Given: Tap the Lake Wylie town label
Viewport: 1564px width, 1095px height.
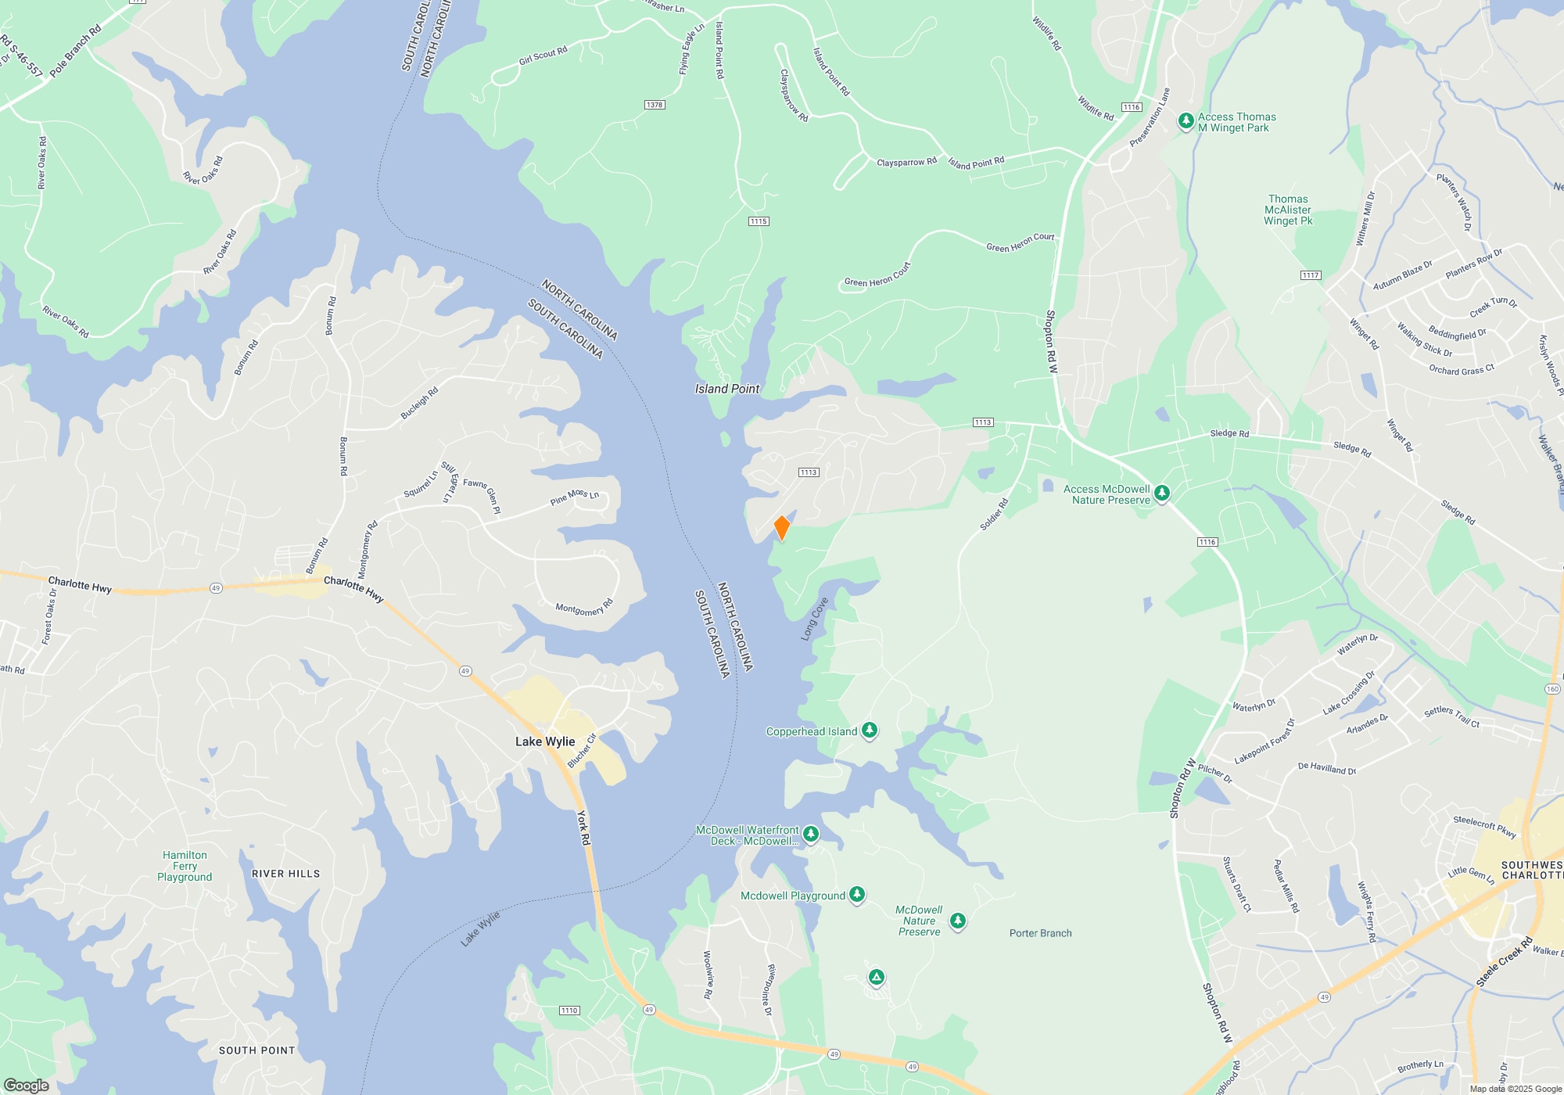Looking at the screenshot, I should (x=545, y=741).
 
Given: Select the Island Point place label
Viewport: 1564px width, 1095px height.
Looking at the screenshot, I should (x=726, y=389).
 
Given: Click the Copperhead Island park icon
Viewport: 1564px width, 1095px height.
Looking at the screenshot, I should (x=869, y=731).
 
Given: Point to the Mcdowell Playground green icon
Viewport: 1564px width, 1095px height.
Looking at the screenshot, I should (x=857, y=894).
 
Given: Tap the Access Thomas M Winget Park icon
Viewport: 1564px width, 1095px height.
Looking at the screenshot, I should (x=1186, y=121).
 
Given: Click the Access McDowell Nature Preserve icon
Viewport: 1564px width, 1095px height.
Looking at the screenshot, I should (x=1162, y=493).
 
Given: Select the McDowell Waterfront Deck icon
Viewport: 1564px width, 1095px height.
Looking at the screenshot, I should (x=811, y=834).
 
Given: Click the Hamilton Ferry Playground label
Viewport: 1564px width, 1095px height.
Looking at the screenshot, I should (x=185, y=866).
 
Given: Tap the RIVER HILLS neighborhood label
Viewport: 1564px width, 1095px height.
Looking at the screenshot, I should (x=285, y=874).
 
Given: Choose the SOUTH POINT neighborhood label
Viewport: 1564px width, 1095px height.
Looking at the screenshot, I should (x=256, y=1050).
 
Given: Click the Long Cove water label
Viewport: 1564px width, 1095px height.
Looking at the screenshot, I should (x=814, y=619).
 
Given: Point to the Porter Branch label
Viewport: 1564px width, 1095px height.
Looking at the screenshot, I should (x=1040, y=933).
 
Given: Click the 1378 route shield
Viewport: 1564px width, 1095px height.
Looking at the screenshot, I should (x=655, y=105).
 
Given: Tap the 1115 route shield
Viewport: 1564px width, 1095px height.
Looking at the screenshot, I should (x=759, y=221).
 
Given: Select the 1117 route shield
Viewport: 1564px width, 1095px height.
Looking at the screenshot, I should (x=1311, y=275).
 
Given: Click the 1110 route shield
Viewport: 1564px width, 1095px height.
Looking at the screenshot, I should (x=569, y=1011).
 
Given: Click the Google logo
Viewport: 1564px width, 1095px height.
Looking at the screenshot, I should (x=26, y=1086).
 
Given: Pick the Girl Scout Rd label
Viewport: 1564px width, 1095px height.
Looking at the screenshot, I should (x=543, y=56).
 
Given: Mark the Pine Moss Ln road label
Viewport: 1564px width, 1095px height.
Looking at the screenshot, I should (x=574, y=497).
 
